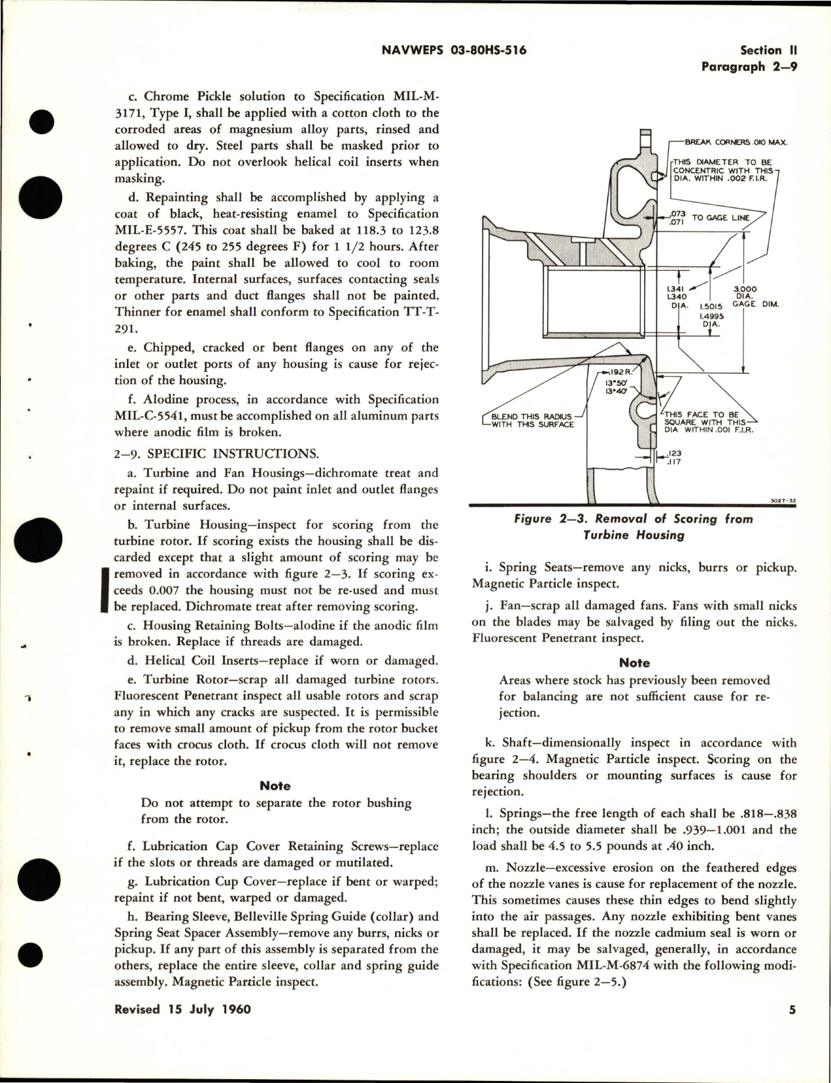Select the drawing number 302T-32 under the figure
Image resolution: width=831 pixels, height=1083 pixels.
tap(783, 502)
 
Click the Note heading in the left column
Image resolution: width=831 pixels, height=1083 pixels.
tap(275, 786)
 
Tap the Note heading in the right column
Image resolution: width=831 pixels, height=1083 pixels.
tap(634, 663)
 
